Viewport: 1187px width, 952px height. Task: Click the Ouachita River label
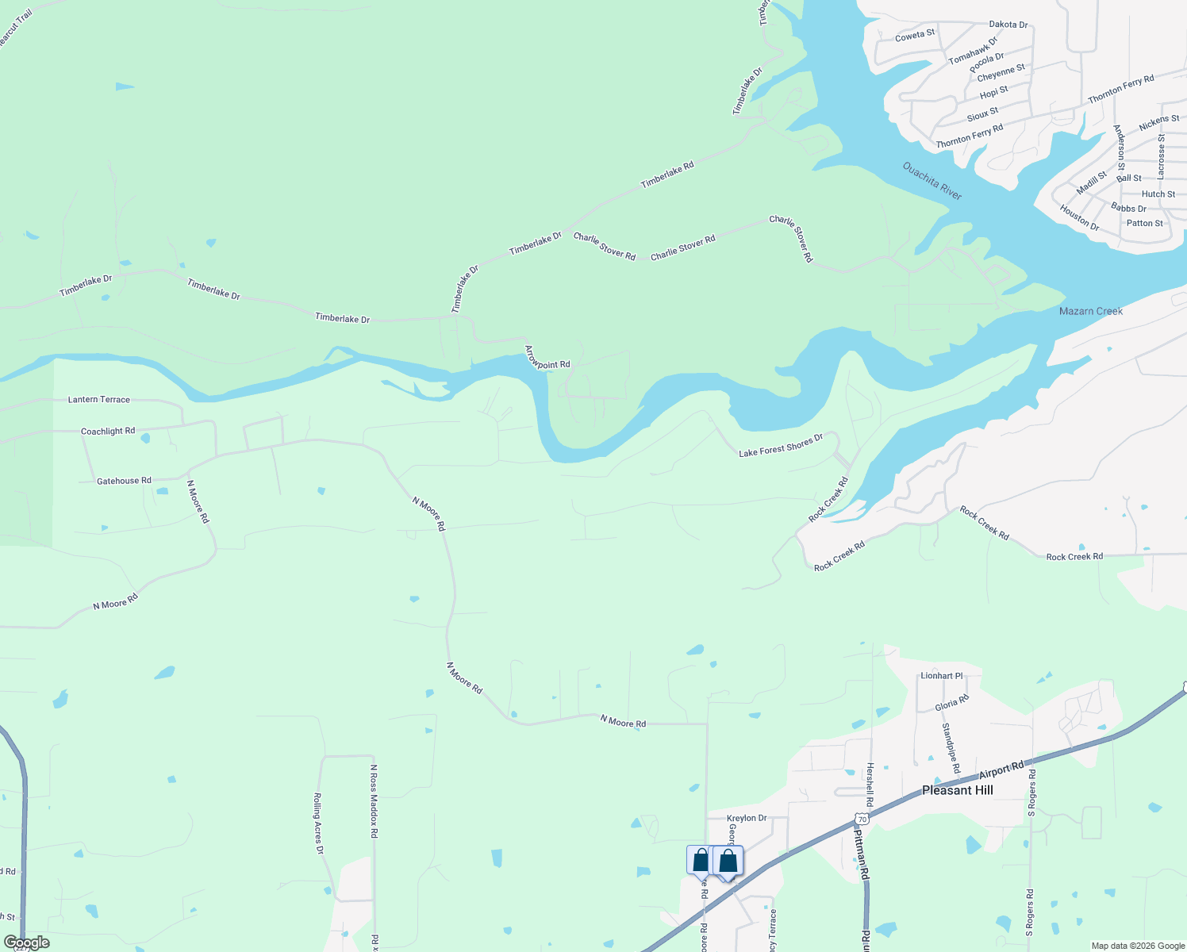click(932, 181)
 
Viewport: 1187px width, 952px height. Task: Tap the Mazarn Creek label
click(1090, 311)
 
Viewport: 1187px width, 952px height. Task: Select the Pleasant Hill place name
click(957, 790)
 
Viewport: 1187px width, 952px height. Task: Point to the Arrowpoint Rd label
click(547, 357)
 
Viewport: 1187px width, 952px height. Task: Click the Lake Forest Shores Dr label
click(781, 447)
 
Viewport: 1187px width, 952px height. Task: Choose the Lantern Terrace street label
click(99, 399)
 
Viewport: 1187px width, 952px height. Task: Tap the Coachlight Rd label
click(108, 431)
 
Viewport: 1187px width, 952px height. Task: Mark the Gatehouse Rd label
click(124, 481)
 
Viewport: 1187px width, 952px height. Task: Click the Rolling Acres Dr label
click(318, 823)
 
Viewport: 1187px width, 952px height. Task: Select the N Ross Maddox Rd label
click(374, 801)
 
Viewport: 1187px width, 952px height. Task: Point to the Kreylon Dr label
click(747, 818)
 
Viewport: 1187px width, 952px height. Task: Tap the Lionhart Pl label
click(941, 676)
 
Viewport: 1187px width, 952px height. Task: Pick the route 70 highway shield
click(862, 819)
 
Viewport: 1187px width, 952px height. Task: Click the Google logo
click(26, 942)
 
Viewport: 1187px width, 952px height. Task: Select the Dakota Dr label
click(1008, 25)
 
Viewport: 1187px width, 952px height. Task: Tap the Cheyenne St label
click(1001, 73)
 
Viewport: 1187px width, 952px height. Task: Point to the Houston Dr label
click(1079, 217)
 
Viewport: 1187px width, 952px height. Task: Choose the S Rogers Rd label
click(1031, 792)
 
